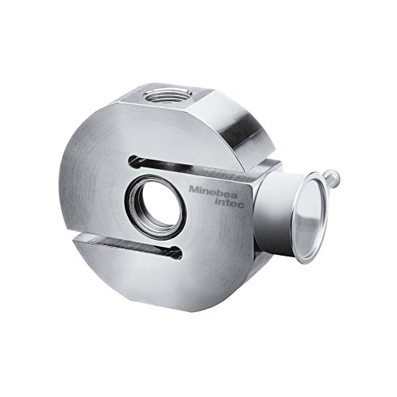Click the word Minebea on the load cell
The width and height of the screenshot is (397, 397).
[213, 191]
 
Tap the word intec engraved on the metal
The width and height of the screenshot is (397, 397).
[230, 203]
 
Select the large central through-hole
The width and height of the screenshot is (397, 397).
[156, 207]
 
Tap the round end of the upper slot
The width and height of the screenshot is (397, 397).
[133, 162]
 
